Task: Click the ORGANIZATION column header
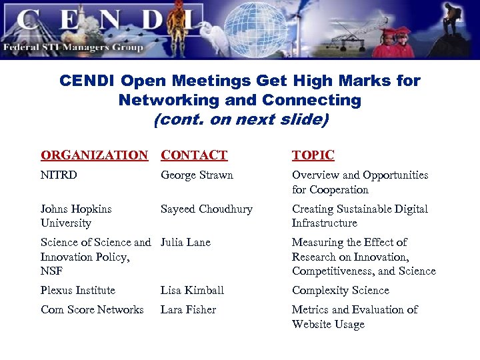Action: coord(94,155)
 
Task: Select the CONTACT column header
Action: coord(194,155)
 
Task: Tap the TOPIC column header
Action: coord(313,155)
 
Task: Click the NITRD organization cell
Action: coord(59,175)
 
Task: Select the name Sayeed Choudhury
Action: coord(207,209)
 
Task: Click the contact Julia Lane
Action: coord(185,243)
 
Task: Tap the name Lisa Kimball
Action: coord(192,291)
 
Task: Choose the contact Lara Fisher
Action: coord(189,310)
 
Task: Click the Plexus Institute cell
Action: coord(78,291)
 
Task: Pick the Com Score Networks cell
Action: coord(92,310)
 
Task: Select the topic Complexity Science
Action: coord(339,291)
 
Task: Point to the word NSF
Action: coord(51,271)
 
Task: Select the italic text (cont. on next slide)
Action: coord(240,121)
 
